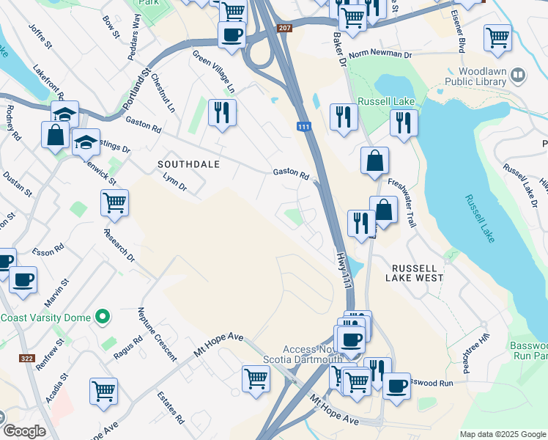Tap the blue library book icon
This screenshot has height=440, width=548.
click(x=518, y=75)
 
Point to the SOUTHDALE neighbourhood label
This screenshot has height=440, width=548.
click(x=189, y=164)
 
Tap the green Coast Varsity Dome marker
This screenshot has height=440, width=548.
click(x=103, y=318)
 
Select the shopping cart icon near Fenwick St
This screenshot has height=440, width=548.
click(x=114, y=201)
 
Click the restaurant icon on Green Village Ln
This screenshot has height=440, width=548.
click(x=221, y=111)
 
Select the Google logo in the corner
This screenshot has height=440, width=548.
click(x=24, y=430)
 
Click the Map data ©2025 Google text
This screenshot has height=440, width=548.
click(x=503, y=434)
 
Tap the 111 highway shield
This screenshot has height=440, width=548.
click(x=304, y=128)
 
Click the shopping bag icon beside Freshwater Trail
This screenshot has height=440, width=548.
click(x=374, y=160)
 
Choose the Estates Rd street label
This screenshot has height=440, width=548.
click(x=171, y=408)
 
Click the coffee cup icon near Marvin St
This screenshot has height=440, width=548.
click(x=23, y=279)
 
